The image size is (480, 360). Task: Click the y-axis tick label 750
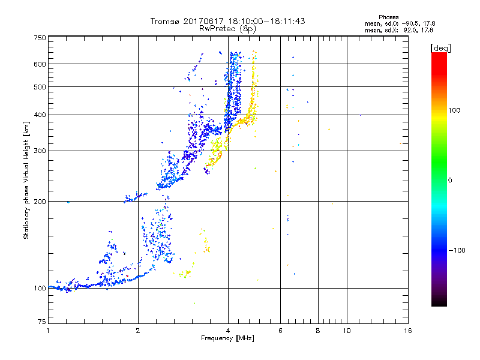(39, 38)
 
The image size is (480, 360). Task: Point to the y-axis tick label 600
(39, 64)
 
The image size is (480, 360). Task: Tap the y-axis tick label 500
(39, 87)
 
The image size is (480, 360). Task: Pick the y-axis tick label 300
(39, 151)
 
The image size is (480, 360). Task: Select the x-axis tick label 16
(407, 331)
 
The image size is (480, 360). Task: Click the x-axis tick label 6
(280, 331)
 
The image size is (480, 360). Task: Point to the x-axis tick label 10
(346, 331)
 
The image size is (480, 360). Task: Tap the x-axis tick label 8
(318, 331)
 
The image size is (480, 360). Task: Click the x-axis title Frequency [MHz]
(228, 339)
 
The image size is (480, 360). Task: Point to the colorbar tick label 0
(451, 180)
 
